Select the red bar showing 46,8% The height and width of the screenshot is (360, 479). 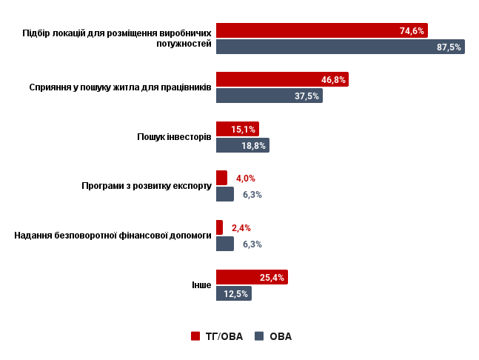(x=282, y=79)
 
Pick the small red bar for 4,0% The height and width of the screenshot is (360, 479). (x=221, y=178)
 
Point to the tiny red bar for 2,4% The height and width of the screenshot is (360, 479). (x=219, y=227)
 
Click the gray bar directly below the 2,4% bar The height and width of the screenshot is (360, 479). (x=225, y=244)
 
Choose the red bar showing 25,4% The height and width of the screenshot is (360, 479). (x=252, y=277)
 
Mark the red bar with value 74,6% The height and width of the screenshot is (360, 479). (x=321, y=30)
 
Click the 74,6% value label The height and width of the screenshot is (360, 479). (x=412, y=31)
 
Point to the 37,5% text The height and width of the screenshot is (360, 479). (x=307, y=96)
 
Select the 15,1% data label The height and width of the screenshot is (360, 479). (x=243, y=130)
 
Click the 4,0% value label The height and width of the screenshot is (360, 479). (x=246, y=179)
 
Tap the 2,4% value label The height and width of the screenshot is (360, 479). (x=241, y=228)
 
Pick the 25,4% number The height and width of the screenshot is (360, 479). (x=272, y=278)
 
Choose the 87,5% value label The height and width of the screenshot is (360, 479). (x=449, y=47)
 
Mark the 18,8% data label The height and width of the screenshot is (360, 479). (x=253, y=146)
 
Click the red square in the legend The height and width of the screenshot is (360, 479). (x=195, y=336)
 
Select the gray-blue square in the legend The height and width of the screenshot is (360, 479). (x=259, y=336)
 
